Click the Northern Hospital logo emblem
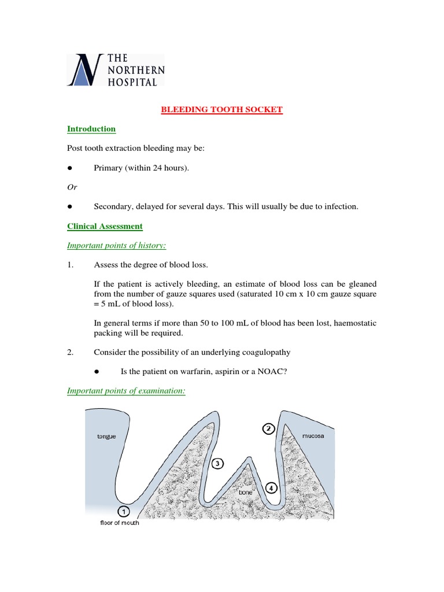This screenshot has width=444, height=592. (x=85, y=71)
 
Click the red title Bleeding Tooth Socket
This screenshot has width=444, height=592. (x=221, y=110)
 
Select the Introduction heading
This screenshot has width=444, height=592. (x=91, y=129)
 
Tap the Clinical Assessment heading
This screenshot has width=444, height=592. (x=105, y=226)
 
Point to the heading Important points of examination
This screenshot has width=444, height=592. (x=126, y=391)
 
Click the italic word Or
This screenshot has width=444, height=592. (x=72, y=187)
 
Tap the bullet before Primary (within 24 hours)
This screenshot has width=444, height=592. (x=69, y=168)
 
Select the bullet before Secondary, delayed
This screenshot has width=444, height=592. (x=69, y=206)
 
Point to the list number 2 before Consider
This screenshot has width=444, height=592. (x=70, y=353)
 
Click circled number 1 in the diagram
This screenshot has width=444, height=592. (x=123, y=511)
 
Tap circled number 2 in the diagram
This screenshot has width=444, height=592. (x=268, y=428)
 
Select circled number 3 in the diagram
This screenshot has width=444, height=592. (x=216, y=463)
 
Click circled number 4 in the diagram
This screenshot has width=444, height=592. (x=271, y=487)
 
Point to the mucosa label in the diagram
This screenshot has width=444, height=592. (x=313, y=436)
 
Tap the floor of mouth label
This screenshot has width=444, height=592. (x=120, y=523)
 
